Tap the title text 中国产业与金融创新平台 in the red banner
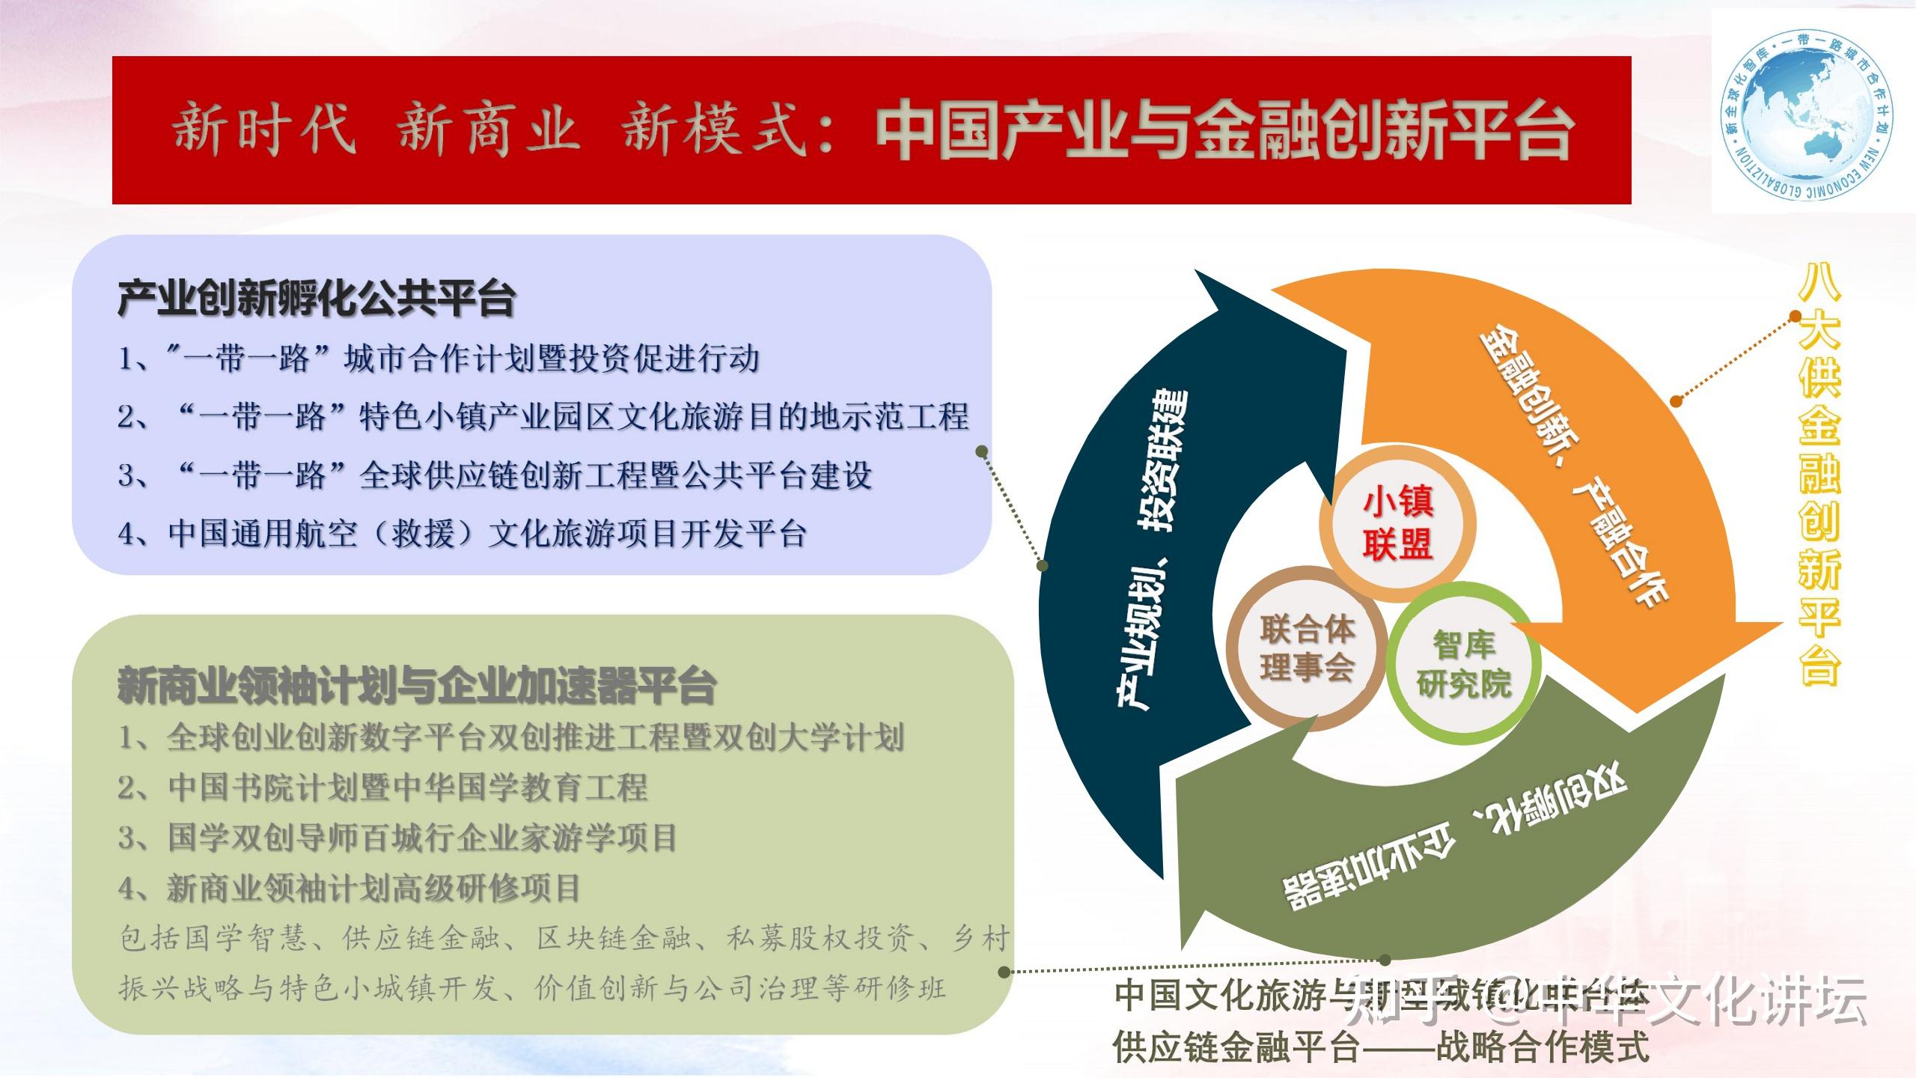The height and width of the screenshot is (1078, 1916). (x=1224, y=133)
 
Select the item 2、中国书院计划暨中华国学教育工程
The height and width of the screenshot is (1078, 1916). (x=382, y=788)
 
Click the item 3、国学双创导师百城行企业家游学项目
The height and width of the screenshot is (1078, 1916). (x=397, y=838)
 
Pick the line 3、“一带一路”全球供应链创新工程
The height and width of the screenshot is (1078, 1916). (x=495, y=476)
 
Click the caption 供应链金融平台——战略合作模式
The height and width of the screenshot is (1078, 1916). (x=1380, y=1047)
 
